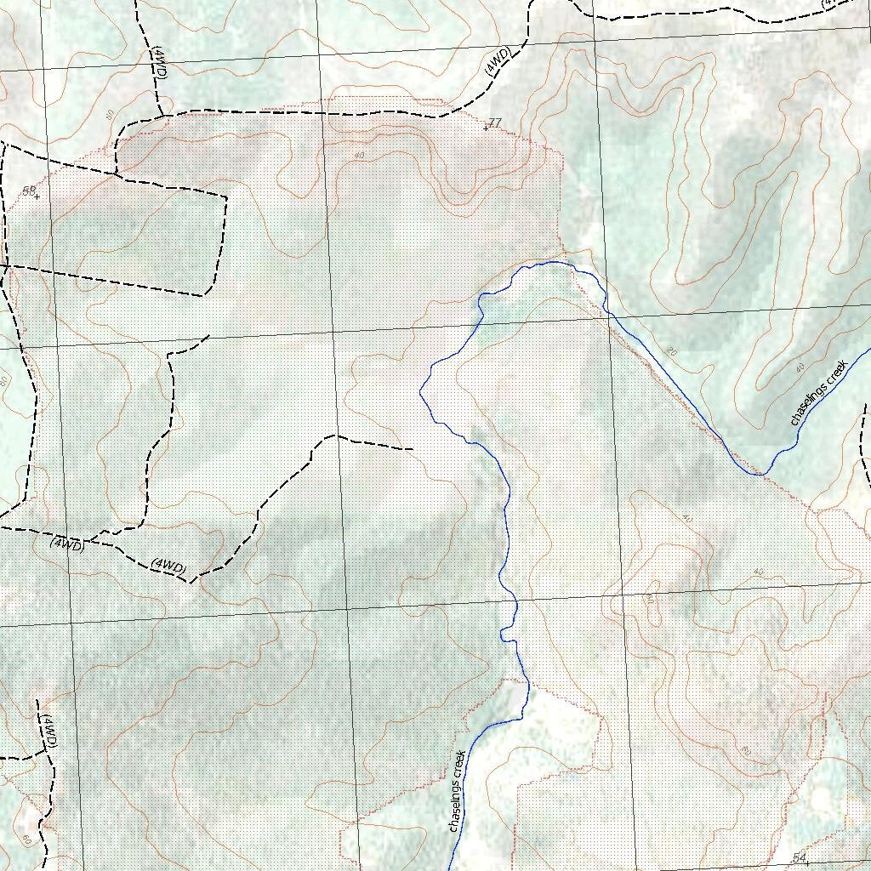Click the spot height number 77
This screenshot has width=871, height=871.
tap(496, 122)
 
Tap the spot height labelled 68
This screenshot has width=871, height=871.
tap(28, 191)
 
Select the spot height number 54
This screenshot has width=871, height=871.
tap(799, 857)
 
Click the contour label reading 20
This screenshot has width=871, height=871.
tap(672, 351)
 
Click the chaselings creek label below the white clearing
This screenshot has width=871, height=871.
tap(458, 791)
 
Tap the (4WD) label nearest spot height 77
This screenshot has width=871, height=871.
tap(497, 63)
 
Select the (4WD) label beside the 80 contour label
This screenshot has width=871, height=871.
tap(159, 65)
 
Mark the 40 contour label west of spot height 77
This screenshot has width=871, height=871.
tap(359, 155)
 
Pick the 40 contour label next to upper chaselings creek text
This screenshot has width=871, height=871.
tap(799, 367)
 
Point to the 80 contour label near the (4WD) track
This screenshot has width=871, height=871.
tap(110, 115)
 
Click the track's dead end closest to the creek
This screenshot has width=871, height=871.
tap(413, 448)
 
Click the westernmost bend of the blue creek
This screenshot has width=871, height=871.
tap(421, 392)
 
